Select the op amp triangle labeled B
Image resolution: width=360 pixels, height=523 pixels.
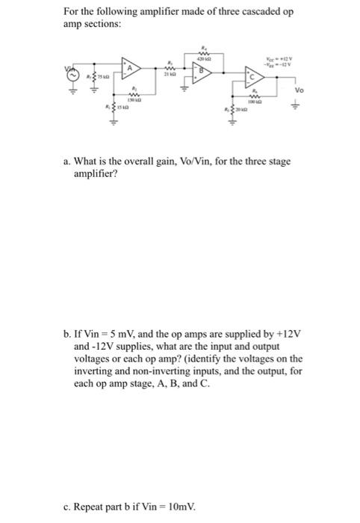tap(201, 72)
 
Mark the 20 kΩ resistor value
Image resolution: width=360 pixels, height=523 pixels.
tap(242, 111)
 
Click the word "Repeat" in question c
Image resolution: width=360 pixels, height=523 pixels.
tap(95, 505)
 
